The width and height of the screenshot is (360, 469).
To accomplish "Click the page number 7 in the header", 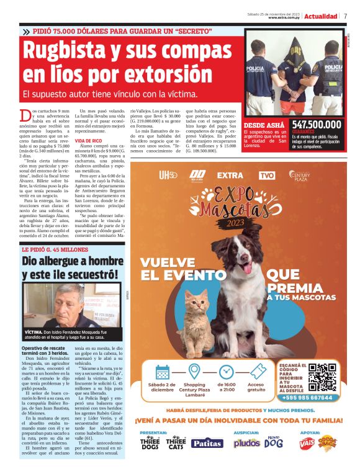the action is [345, 16].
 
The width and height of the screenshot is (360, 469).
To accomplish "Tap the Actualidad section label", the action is [320, 16].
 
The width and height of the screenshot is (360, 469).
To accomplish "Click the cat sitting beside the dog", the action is [198, 323].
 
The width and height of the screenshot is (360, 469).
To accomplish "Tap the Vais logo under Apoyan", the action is [307, 443].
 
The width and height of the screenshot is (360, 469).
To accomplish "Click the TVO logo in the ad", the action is [267, 176].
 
